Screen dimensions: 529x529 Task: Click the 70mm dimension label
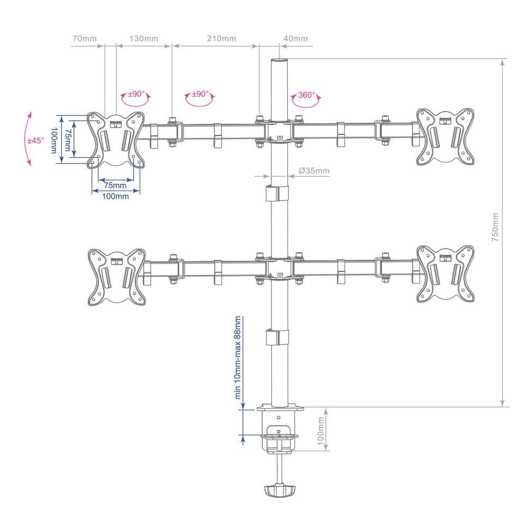pos(84,39)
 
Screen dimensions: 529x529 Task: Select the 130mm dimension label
pos(144,39)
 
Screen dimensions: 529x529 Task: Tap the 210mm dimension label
pos(221,39)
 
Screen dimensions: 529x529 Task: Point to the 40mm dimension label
pos(296,39)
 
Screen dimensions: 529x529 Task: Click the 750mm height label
pos(495,227)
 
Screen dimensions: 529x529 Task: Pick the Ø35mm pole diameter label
pos(314,171)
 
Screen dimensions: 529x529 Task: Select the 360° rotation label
pos(306,95)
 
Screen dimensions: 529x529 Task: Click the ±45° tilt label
pos(36,140)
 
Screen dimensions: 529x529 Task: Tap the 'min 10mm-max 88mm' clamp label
pos(238,358)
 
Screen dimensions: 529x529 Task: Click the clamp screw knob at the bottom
pos(280,491)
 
